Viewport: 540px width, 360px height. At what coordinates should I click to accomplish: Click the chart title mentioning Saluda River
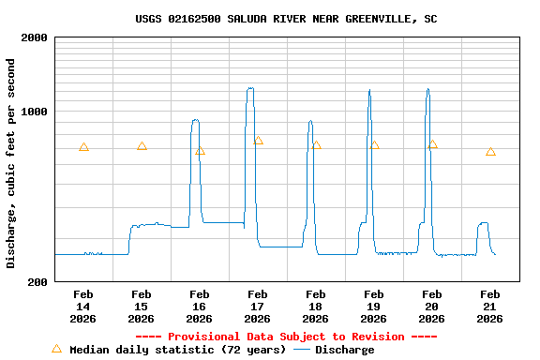coord(286,19)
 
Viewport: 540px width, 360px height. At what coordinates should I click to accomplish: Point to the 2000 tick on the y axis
coord(35,37)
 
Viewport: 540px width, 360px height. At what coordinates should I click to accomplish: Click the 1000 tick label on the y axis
coord(35,112)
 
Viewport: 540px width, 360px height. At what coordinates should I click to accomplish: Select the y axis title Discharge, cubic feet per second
coord(11,163)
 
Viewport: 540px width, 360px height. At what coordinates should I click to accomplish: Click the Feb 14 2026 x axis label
coord(83,307)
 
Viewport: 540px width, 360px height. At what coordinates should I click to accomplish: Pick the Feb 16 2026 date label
coord(200,307)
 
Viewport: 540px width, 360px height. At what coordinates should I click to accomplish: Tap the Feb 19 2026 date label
coord(374,307)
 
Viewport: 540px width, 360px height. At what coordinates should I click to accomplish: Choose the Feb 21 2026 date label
coord(490,307)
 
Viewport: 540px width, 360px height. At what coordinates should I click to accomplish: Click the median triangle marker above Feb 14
coord(83,147)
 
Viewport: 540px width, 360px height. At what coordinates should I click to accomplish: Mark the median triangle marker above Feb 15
coord(142,146)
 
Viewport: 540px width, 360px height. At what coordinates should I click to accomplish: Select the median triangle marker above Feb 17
coord(258,141)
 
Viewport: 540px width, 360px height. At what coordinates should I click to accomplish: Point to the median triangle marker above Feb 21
coord(490,152)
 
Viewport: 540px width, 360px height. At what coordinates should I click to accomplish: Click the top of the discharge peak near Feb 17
coord(250,89)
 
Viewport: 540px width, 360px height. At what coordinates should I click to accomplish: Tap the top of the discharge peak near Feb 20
coord(427,90)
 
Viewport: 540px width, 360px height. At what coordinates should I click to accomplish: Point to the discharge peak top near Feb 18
coord(310,121)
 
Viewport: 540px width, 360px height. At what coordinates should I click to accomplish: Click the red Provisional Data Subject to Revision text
coord(286,337)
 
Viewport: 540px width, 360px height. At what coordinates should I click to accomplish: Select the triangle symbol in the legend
coord(56,349)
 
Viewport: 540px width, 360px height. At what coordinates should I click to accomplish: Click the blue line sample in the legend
coord(302,350)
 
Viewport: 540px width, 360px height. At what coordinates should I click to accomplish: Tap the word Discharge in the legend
coord(344,350)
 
